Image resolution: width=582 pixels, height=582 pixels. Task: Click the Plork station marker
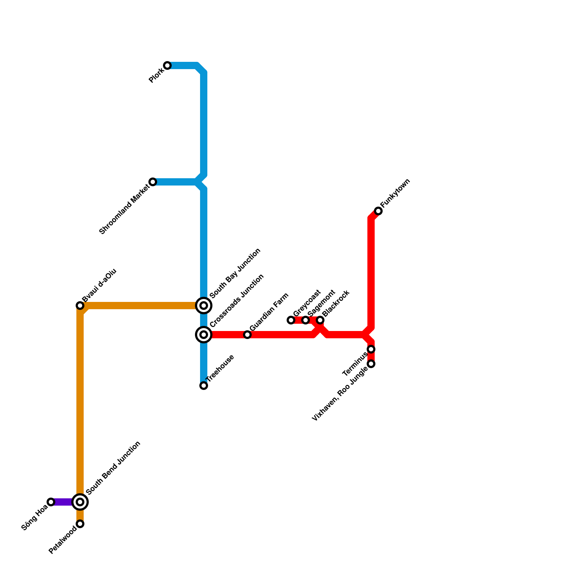167,65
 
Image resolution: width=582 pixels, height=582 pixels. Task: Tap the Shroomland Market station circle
153,182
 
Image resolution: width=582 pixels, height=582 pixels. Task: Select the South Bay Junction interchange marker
204,306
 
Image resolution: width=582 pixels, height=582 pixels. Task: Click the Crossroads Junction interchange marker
204,335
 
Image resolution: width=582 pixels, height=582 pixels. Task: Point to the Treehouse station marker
204,386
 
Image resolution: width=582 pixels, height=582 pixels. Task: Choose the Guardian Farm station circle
247,335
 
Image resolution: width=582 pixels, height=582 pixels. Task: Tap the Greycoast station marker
291,320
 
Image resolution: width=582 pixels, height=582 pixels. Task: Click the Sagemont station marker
306,320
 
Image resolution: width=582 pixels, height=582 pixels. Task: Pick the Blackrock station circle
320,320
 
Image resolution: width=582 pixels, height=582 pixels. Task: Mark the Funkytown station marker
378,211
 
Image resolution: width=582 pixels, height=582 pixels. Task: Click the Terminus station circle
371,349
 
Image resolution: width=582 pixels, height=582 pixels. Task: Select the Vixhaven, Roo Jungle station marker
371,364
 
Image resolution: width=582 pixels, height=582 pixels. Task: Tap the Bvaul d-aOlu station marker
80,306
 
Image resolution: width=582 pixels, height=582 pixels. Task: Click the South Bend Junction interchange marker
80,502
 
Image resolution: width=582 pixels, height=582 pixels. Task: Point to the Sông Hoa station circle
51,502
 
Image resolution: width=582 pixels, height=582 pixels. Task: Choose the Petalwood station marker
80,524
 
